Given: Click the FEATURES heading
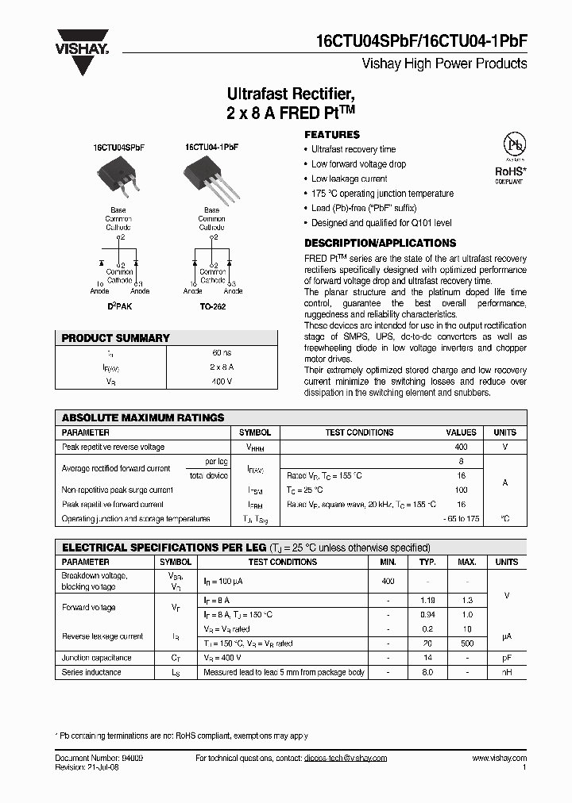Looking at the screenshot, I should coord(332,135).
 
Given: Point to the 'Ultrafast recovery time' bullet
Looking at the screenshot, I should coord(353,149).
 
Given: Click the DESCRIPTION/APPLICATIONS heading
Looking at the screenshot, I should coord(381,244).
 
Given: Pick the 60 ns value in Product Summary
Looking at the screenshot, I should coord(221,352).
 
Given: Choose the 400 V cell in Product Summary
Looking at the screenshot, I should coord(221,381).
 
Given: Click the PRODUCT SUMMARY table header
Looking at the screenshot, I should coord(116,338).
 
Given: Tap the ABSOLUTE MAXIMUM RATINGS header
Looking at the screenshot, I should coord(143,417).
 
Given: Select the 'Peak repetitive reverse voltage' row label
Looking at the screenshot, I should coord(113,447).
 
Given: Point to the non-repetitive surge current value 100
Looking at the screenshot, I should coord(461,490).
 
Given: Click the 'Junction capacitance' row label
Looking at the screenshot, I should coord(96,658).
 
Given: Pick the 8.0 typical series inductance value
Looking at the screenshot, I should coord(427,672).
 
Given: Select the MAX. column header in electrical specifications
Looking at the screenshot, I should coord(466,562).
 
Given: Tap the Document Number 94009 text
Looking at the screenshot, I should coord(99,759).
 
